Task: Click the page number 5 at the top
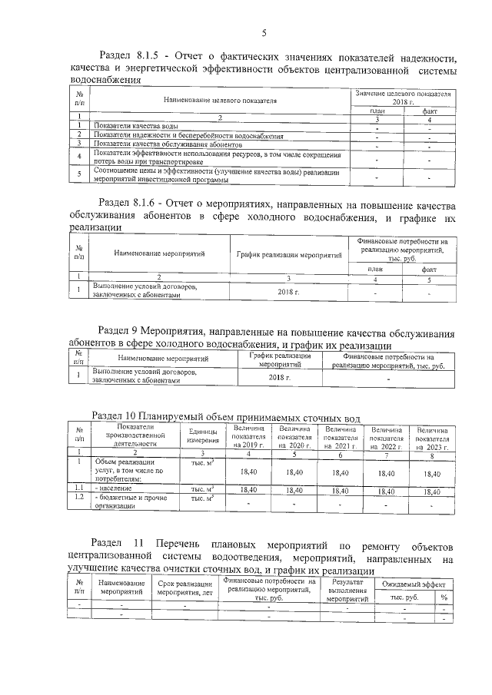264,32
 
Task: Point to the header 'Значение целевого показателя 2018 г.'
403,97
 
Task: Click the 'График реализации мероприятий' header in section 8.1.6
288,253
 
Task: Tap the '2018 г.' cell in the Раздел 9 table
280,377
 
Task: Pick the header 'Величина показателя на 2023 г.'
432,437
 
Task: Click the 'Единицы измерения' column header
198,436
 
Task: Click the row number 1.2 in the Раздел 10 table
78,498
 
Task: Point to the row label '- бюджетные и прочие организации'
127,502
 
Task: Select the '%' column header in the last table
444,597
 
